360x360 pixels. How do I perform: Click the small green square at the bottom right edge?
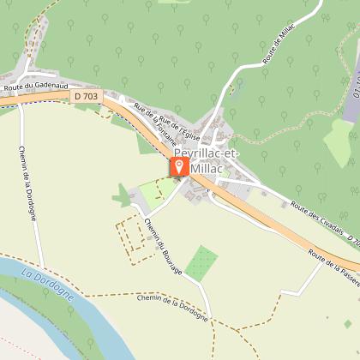coord(348,324)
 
